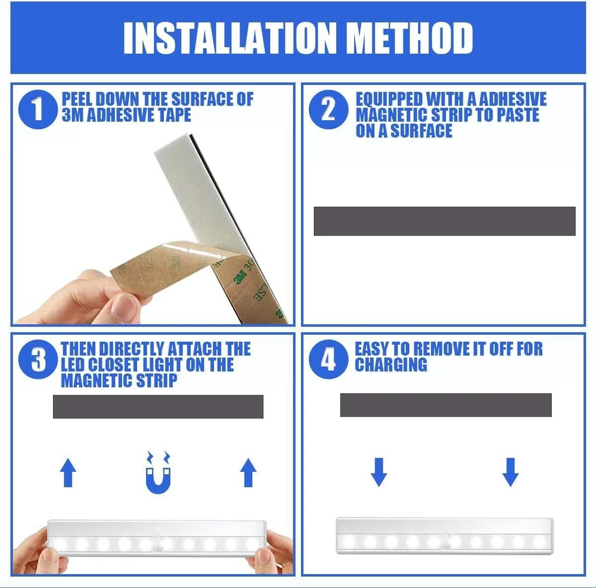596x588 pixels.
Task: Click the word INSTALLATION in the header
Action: coord(230,38)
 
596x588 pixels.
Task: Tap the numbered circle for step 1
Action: coord(38,110)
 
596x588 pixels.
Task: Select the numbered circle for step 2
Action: coord(328,110)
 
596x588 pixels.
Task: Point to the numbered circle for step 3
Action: coord(38,359)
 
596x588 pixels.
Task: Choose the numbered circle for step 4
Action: coord(328,359)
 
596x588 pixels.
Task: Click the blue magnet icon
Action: coord(159,472)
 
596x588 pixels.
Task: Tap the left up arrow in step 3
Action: coord(68,472)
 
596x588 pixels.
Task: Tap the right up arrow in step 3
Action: coord(248,472)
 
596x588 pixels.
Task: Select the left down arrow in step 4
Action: coord(379,472)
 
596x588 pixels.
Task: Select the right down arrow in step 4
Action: coord(511,472)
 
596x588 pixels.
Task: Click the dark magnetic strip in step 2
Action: coord(445,221)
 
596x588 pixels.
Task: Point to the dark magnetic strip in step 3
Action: coord(158,406)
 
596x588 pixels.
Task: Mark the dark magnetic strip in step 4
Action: coord(446,405)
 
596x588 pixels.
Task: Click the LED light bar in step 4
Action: coord(445,536)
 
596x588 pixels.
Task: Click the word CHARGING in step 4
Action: coord(391,365)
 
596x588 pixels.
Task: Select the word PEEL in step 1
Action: coord(77,99)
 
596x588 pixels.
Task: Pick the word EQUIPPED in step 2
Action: coord(389,99)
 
